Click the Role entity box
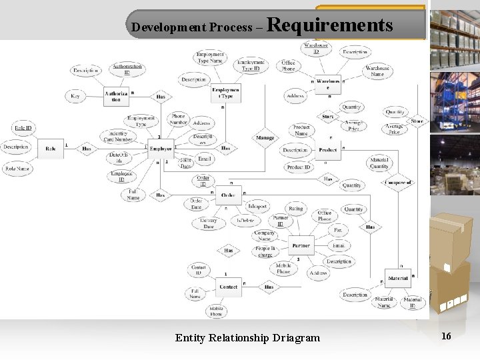pyautogui.click(x=51, y=149)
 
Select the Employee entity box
pyautogui.click(x=160, y=149)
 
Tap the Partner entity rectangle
pyautogui.click(x=301, y=246)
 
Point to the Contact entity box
pyautogui.click(x=228, y=287)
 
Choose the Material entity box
pyautogui.click(x=398, y=277)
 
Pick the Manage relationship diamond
pyautogui.click(x=265, y=138)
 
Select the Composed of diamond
pyautogui.click(x=398, y=182)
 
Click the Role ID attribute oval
pyautogui.click(x=23, y=127)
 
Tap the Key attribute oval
pyautogui.click(x=75, y=97)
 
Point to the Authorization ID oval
pyautogui.click(x=127, y=68)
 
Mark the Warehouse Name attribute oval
pyautogui.click(x=377, y=71)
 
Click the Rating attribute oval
pyautogui.click(x=295, y=209)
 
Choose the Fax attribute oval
pyautogui.click(x=338, y=230)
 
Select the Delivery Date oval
pyautogui.click(x=208, y=223)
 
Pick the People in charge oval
pyautogui.click(x=265, y=251)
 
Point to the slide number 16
pyautogui.click(x=446, y=336)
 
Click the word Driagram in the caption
pyautogui.click(x=297, y=338)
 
